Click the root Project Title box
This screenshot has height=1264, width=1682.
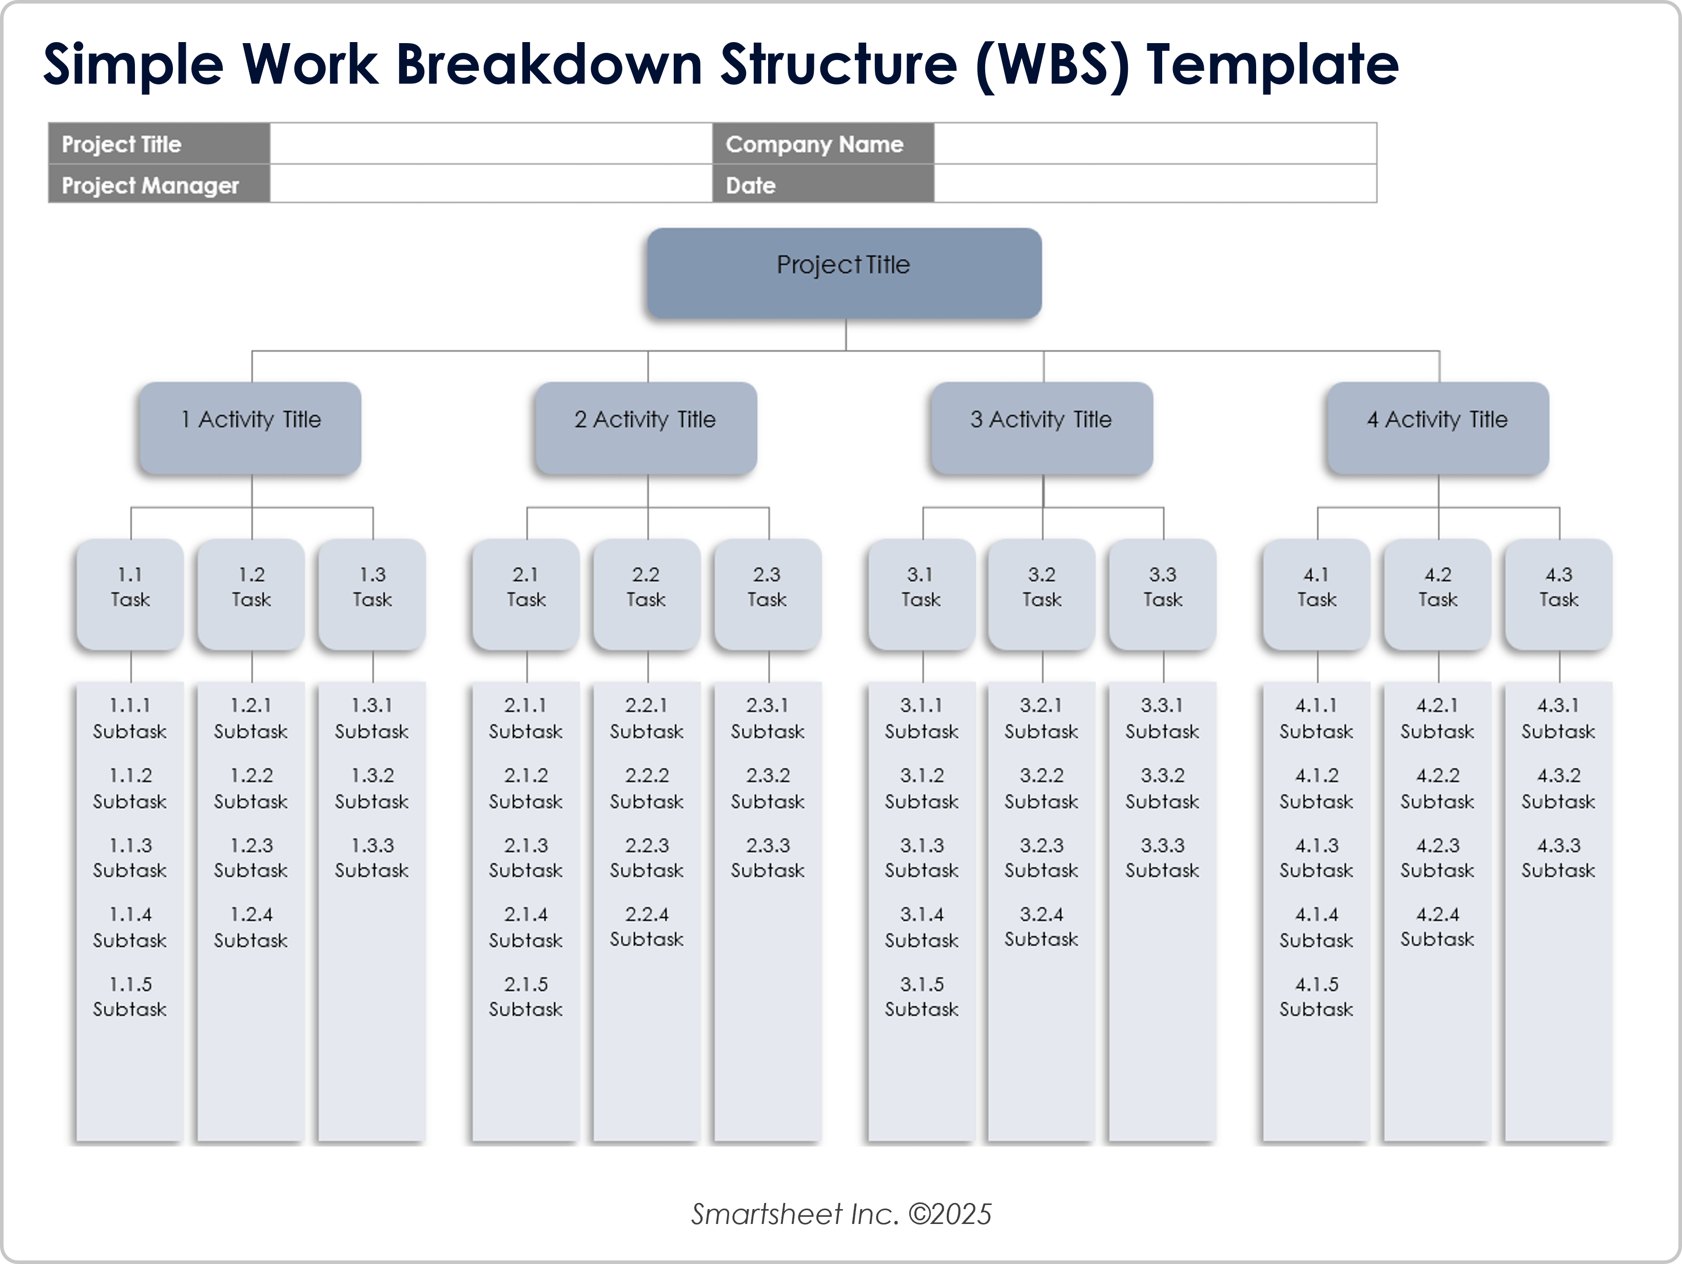coord(843,273)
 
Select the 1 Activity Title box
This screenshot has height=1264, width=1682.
coord(250,427)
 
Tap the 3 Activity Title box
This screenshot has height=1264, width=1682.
coord(1041,427)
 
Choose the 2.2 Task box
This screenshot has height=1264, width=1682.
coord(647,594)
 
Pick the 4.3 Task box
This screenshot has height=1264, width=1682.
coord(1558,594)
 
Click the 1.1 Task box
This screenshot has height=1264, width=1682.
coord(130,594)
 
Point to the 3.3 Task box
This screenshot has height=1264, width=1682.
coord(1163,594)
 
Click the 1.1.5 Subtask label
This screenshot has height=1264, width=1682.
coord(130,996)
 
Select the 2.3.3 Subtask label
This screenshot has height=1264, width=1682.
coord(767,857)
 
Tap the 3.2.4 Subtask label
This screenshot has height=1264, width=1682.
coord(1041,926)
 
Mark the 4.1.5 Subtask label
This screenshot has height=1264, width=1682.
coord(1316,996)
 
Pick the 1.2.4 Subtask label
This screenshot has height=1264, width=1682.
coord(251,927)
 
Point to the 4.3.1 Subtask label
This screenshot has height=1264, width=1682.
coord(1558,718)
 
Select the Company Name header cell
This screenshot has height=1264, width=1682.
coord(823,144)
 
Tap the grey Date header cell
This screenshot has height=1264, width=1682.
coord(823,185)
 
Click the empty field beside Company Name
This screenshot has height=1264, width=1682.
coord(1155,144)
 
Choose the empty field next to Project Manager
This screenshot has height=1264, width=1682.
coord(491,185)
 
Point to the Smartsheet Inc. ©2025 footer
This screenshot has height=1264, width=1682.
coord(841,1214)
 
